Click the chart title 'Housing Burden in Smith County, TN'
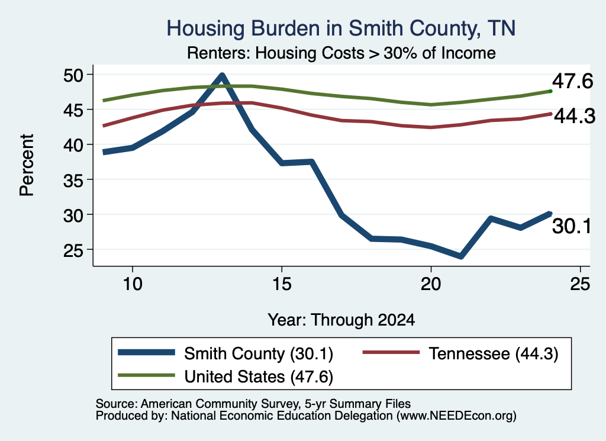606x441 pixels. coord(341,28)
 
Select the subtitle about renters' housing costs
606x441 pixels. coord(341,53)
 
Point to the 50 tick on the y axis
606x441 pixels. coord(73,75)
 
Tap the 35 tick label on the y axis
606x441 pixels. coord(73,180)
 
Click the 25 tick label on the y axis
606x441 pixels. coord(73,250)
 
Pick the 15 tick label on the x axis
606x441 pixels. coord(282,285)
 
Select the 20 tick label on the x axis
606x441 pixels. coord(431,285)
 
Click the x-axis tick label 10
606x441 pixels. coord(133,285)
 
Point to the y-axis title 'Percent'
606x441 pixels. coord(27,165)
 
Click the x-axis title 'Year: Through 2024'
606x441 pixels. coord(341,320)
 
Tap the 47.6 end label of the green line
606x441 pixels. coord(572,81)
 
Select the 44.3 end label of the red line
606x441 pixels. coord(575,116)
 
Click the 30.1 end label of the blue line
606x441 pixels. coord(572,226)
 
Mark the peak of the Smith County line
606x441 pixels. coord(222,75)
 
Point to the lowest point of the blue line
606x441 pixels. coord(460,257)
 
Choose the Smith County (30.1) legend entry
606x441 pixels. coord(225,353)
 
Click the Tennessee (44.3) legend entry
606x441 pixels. coord(460,353)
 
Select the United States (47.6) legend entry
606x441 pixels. coord(225,376)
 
